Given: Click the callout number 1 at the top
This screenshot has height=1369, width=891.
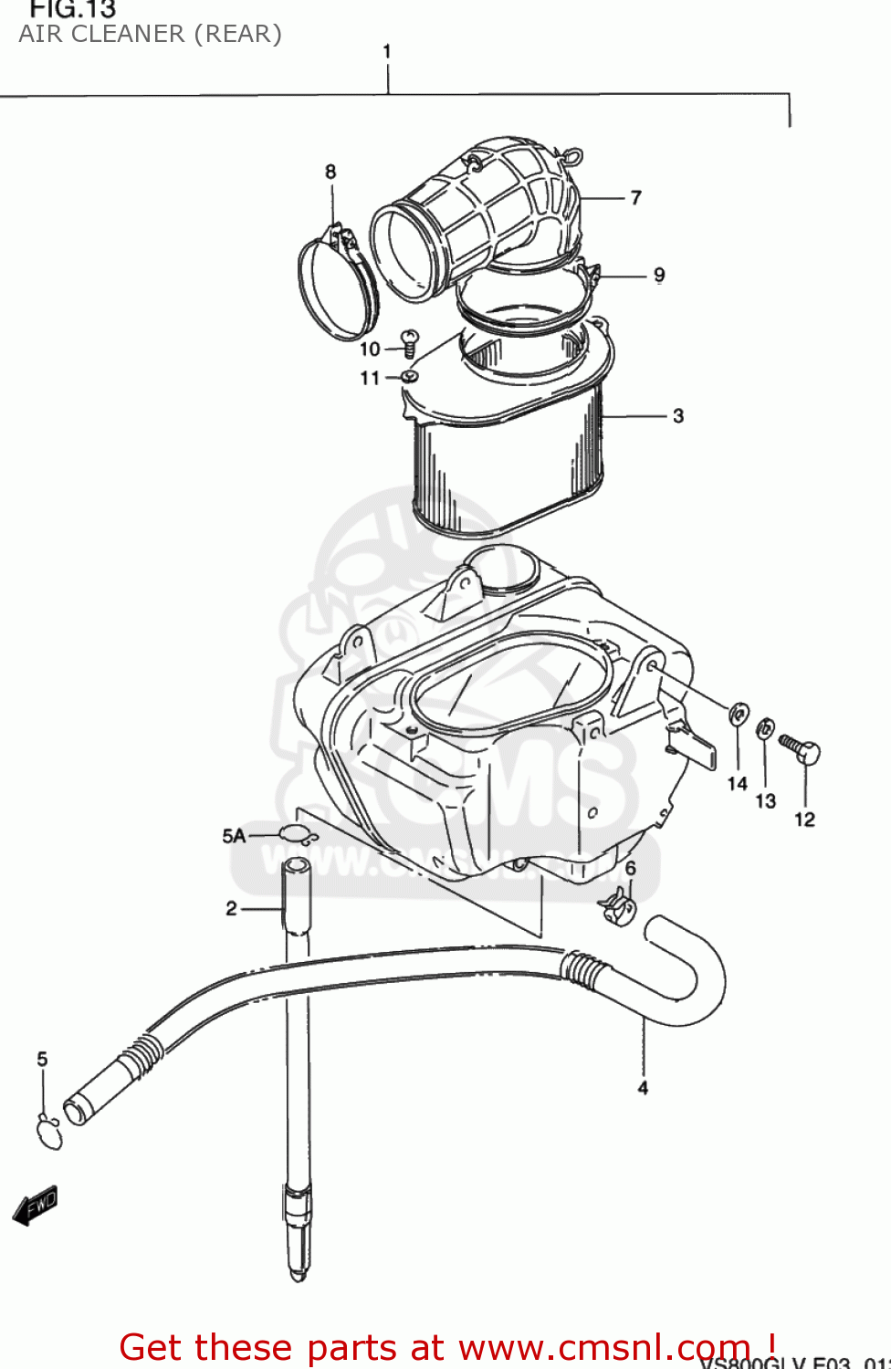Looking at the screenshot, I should pos(387,52).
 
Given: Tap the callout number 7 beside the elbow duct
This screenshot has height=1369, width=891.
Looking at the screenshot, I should pos(636,198).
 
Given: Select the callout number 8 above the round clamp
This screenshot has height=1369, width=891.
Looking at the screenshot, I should pos(330,172).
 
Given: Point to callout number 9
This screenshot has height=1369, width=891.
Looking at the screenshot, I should pos(659,276).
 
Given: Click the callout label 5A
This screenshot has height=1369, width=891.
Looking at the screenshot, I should pos(234,836).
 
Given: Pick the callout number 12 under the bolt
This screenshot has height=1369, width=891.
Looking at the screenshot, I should pos(804,820).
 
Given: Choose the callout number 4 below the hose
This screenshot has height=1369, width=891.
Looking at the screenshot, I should pos(643,1088).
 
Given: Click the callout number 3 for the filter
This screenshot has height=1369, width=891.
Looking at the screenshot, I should pos(678,416).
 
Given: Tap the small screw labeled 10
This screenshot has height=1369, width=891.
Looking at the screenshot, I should pos(410,344).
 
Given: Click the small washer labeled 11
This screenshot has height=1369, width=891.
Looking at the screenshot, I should pos(409,376).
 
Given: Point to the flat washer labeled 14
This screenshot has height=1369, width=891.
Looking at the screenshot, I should pos(739,714).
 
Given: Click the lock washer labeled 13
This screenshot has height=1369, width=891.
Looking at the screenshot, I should pos(765,729).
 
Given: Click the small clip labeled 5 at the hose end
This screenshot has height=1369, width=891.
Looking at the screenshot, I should pos(48,1133).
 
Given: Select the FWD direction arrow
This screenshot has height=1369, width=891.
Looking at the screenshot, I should pos(36,1206).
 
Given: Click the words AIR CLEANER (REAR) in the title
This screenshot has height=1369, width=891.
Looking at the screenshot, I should pos(151,35).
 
